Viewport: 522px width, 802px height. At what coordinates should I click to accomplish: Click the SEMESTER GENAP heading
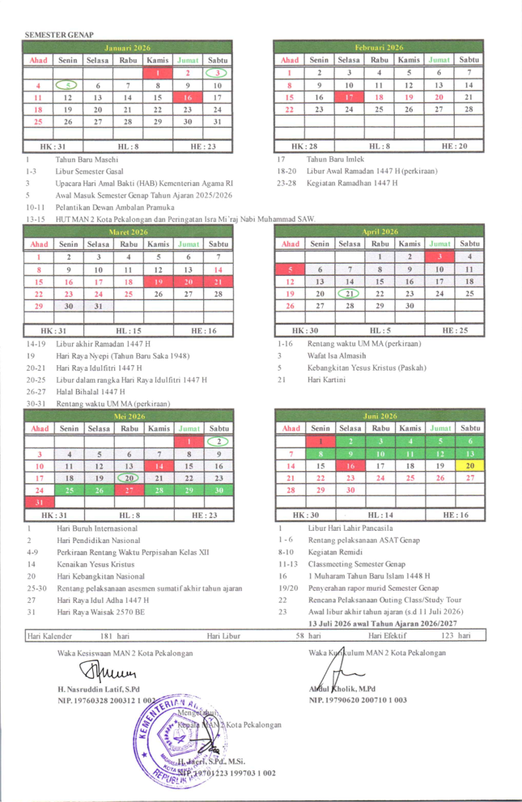coord(59,36)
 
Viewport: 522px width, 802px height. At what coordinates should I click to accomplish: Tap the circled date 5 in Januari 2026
coord(69,84)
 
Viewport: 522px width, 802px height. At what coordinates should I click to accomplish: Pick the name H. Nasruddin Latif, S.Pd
coord(100,688)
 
